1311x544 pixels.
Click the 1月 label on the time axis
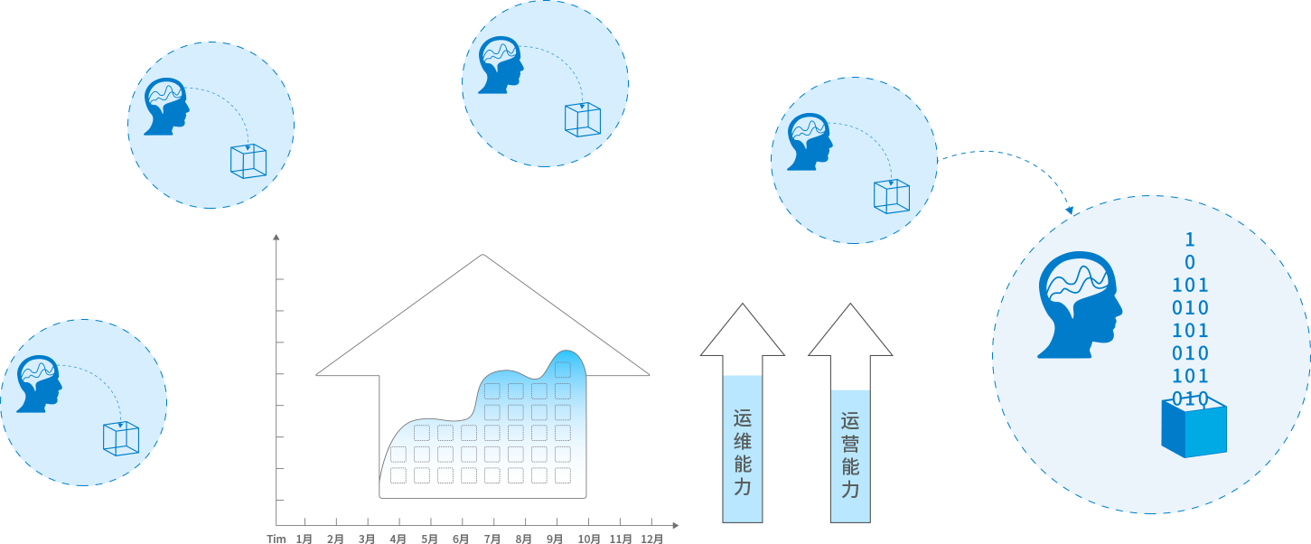tap(304, 539)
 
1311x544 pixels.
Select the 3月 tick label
tap(367, 539)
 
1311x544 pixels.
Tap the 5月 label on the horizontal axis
tap(429, 539)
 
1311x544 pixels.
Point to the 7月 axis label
tap(492, 539)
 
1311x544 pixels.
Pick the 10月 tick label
tap(588, 539)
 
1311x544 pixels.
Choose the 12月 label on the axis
tap(652, 539)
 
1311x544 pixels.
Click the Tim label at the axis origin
tap(276, 539)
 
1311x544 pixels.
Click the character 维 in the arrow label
tap(743, 442)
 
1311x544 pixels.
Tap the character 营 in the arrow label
tap(850, 444)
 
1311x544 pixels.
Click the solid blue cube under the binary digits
tap(1194, 428)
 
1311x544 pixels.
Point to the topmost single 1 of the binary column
tap(1190, 239)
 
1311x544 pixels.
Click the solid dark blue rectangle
tap(1005, 182)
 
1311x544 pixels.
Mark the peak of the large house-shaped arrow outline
tap(483, 256)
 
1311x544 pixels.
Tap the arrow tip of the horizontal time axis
tap(676, 525)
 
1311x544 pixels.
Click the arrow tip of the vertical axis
tap(276, 238)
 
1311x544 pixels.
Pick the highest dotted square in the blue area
tap(563, 369)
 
